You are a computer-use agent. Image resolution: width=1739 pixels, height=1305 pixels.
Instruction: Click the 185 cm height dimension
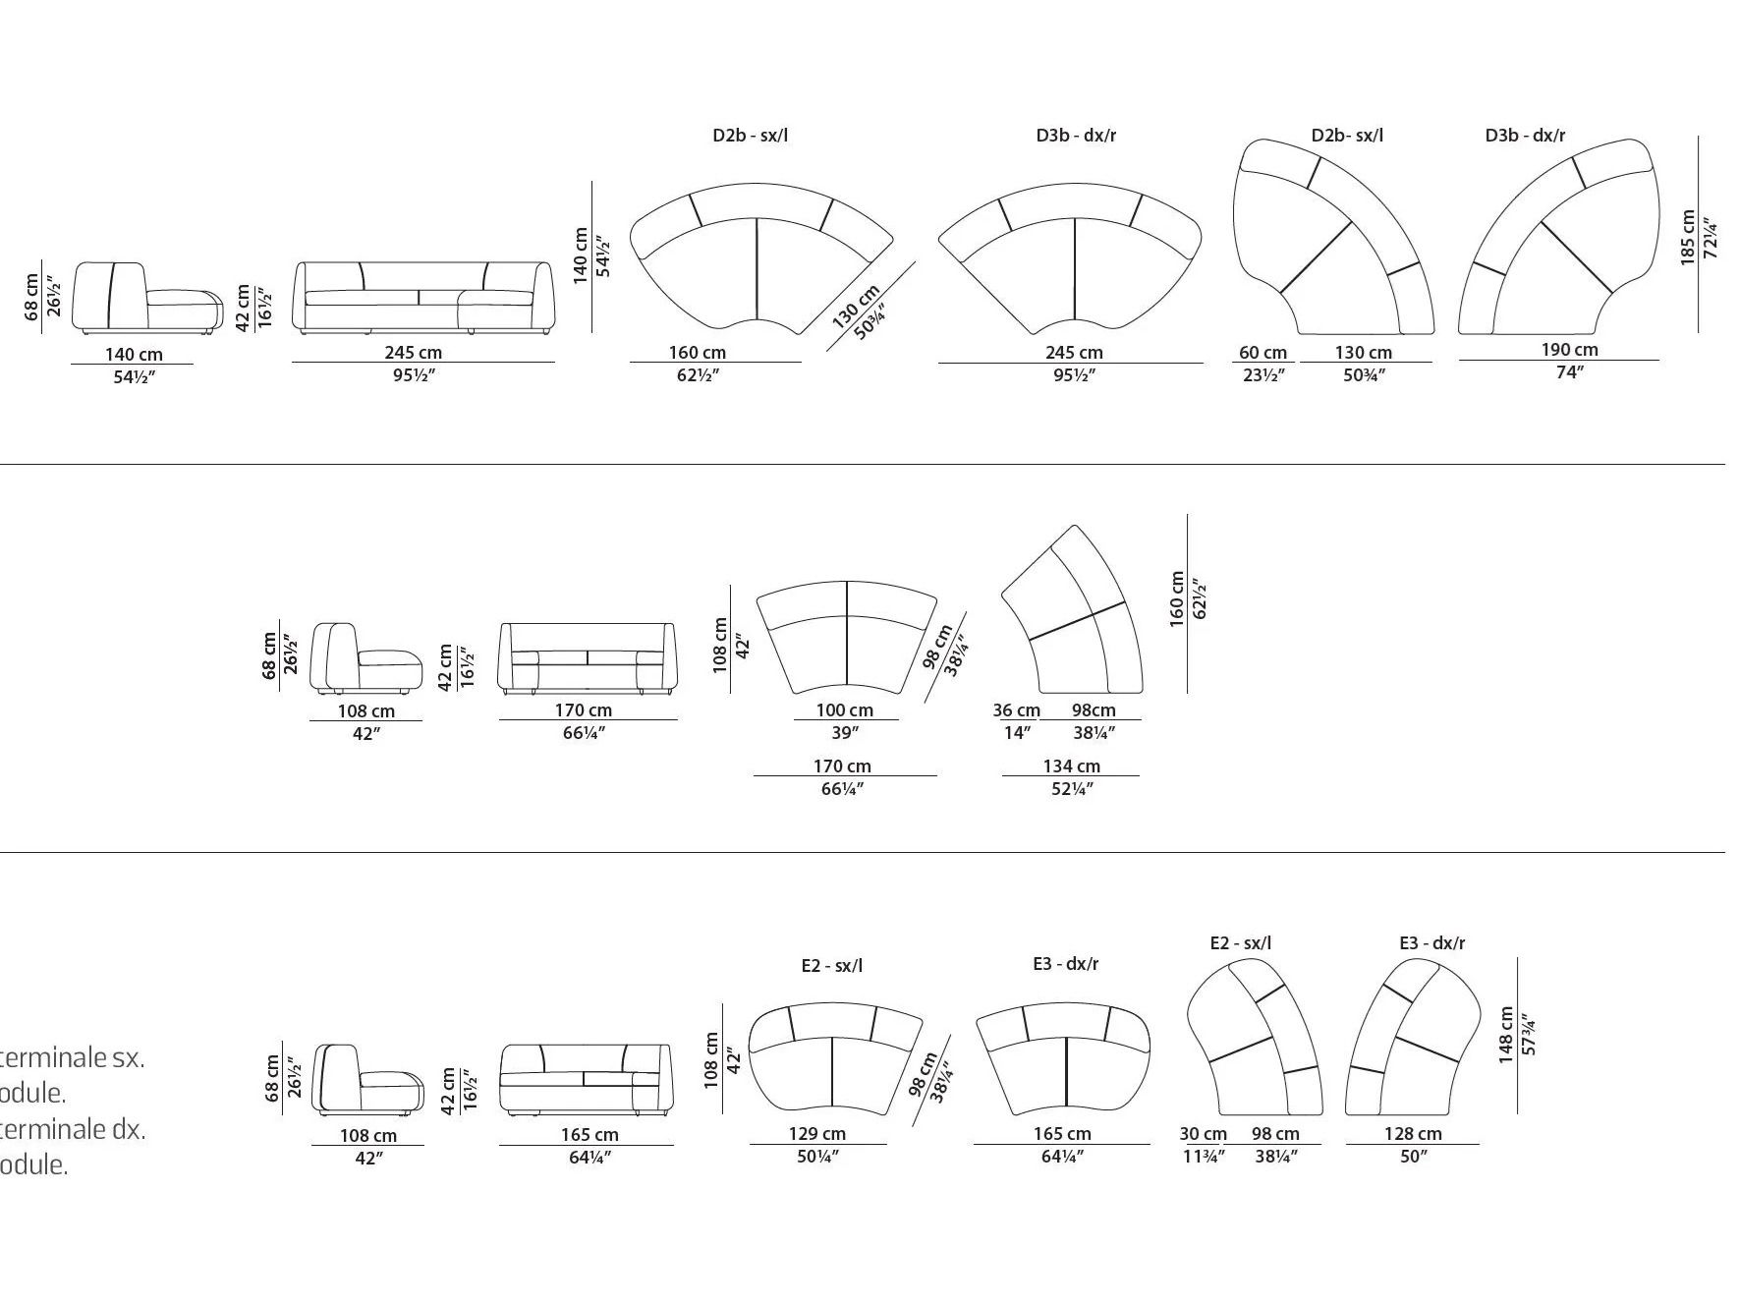1688,237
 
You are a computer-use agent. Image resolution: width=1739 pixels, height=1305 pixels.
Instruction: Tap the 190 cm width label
1569,350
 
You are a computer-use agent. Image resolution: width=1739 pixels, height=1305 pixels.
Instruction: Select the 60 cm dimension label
1262,353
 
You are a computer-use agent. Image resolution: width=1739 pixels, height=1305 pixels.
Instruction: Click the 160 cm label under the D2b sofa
698,353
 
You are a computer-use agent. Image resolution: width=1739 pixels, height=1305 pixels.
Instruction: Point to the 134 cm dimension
1071,766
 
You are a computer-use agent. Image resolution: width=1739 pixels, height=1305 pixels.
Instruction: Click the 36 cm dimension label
1016,710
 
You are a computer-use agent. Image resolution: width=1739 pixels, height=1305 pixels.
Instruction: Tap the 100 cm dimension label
844,710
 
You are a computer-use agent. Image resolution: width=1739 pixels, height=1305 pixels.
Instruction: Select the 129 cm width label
816,1134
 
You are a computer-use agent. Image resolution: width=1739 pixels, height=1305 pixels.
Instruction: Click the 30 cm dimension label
1203,1134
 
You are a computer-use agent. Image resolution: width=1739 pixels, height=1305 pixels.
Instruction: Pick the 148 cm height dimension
1506,1035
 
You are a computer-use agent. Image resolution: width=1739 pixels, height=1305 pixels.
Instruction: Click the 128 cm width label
1413,1134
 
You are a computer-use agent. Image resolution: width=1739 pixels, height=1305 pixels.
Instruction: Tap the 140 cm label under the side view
134,355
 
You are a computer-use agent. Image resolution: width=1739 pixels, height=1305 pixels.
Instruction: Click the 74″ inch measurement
1569,372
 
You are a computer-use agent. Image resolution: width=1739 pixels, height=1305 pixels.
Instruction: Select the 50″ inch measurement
1413,1157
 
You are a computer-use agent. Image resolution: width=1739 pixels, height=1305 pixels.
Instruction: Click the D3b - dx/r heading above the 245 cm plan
1076,136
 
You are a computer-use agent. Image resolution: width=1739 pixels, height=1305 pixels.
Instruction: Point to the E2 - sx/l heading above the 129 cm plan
831,966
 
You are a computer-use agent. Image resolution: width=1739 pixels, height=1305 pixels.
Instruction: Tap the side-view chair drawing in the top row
147,297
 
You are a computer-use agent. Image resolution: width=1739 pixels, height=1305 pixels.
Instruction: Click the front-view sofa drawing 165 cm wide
586,1079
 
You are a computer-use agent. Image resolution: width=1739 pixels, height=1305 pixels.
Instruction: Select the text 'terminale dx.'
73,1129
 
